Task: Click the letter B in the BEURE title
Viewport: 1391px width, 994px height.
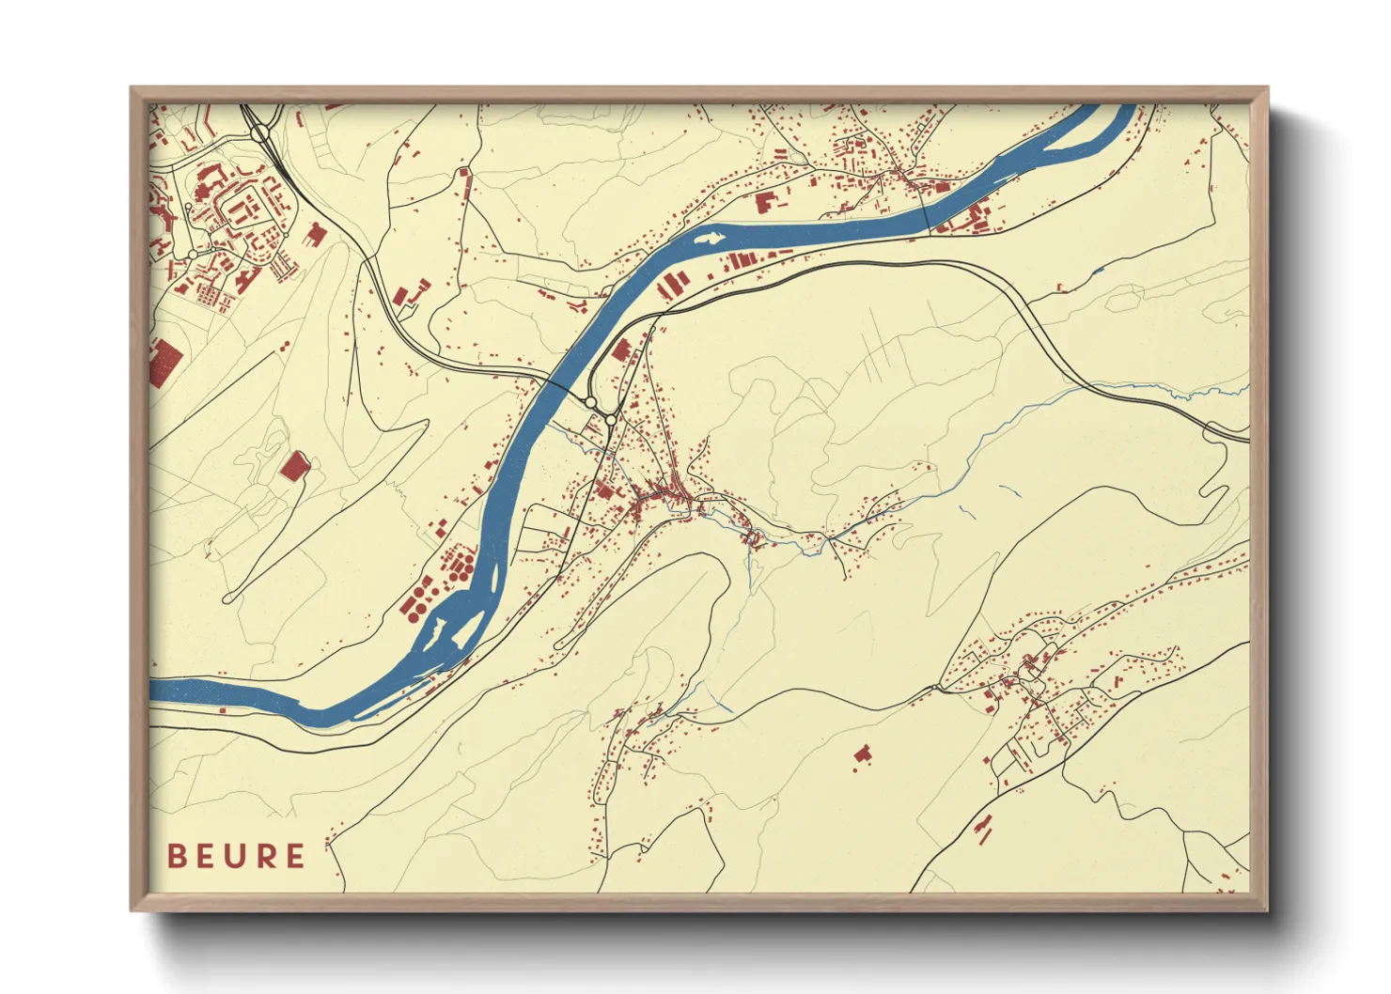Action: click(177, 856)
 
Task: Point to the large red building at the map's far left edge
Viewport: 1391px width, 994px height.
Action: click(165, 362)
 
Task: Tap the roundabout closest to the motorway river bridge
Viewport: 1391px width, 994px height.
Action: click(590, 402)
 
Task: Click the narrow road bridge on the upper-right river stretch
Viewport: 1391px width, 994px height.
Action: click(928, 212)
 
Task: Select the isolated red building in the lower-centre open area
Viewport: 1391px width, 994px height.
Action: click(862, 753)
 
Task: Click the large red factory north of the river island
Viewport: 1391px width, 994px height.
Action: click(768, 203)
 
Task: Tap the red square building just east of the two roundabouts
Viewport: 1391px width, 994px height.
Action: click(620, 350)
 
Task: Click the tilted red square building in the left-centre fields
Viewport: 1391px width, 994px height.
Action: click(294, 465)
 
